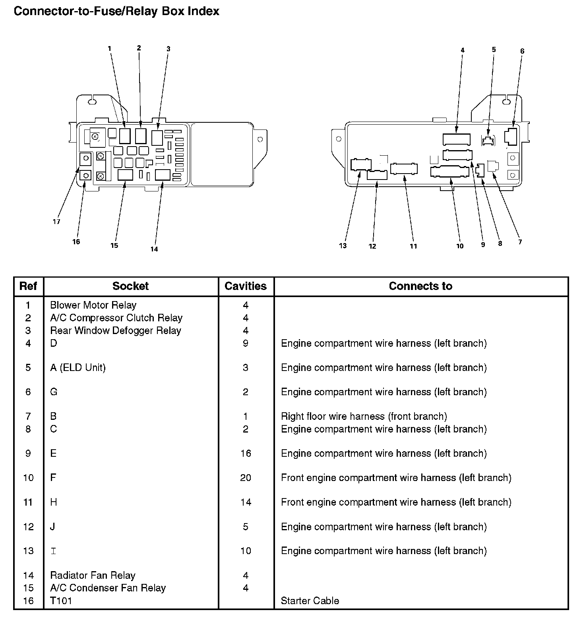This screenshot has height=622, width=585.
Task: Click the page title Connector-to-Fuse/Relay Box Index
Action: point(116,11)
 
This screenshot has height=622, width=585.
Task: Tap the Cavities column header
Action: point(246,286)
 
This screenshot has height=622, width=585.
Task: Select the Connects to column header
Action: point(420,286)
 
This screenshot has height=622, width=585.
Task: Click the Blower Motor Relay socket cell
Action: point(93,305)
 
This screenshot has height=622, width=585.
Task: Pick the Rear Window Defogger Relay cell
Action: point(115,330)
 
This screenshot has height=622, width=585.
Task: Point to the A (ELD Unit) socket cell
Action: point(78,367)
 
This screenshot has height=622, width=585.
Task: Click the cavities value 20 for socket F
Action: point(246,477)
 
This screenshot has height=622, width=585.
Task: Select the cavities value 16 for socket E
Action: point(246,453)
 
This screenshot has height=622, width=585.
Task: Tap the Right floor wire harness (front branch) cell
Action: point(364,416)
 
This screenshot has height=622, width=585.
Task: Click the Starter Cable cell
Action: point(310,601)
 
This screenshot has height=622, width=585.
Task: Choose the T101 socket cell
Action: point(61,601)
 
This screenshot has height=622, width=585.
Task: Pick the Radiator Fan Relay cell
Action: point(93,575)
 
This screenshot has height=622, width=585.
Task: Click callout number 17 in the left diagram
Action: point(56,222)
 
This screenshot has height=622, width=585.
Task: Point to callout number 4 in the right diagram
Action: point(462,50)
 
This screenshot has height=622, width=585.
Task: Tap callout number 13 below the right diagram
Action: point(343,246)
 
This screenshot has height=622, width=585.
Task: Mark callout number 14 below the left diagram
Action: point(154,249)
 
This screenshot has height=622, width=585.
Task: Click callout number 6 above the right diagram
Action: point(522,51)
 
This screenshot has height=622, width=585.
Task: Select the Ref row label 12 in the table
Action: point(28,527)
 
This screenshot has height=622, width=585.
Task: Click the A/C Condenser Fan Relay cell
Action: point(108,588)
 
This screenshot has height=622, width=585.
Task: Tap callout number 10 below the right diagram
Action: point(460,246)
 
